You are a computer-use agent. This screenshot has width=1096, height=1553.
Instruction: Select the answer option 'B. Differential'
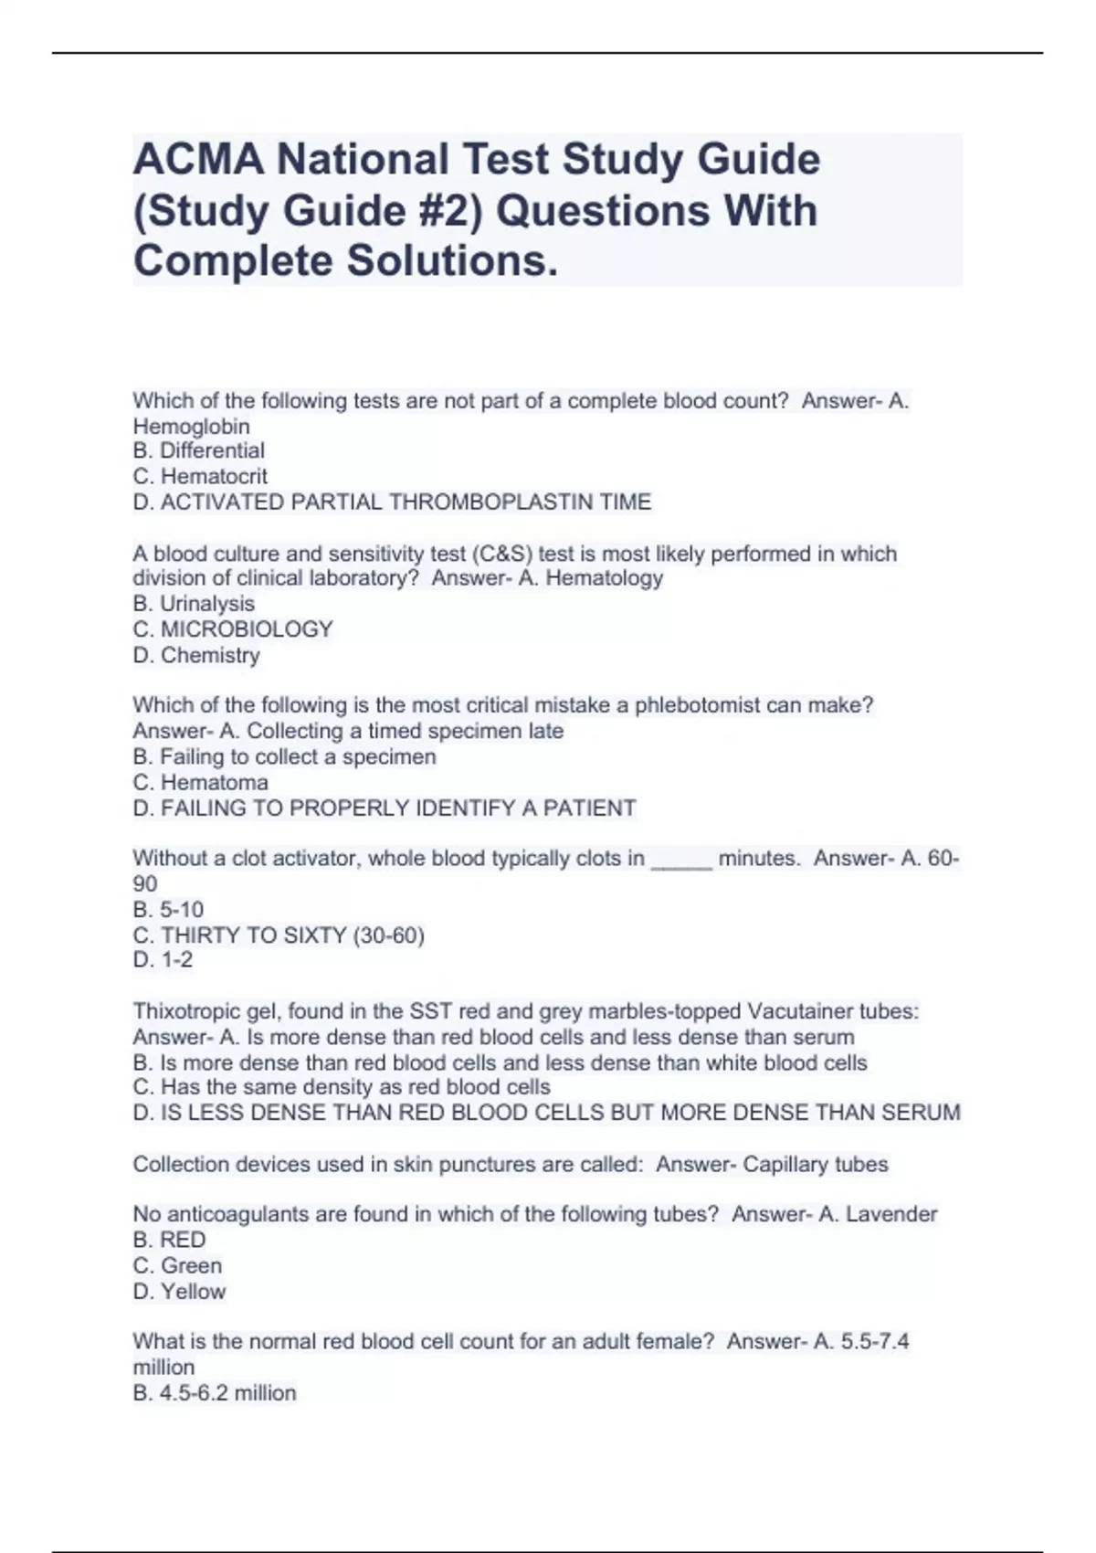tap(198, 450)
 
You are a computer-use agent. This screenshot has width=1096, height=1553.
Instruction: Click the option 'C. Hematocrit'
tap(200, 476)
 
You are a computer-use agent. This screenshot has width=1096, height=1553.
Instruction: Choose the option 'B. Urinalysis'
tap(194, 604)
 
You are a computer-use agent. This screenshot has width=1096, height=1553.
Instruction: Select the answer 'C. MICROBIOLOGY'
tap(233, 629)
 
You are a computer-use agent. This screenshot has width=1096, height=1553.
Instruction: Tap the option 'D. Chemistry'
tap(196, 655)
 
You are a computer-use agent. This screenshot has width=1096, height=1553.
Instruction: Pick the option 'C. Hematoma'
tap(200, 783)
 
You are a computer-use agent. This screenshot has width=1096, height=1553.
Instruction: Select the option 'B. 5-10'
tap(168, 910)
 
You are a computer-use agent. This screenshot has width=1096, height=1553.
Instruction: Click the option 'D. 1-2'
tap(163, 960)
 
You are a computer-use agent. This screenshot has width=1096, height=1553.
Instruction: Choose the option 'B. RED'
tap(169, 1240)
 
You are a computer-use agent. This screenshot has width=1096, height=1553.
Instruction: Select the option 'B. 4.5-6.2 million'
tap(215, 1393)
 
